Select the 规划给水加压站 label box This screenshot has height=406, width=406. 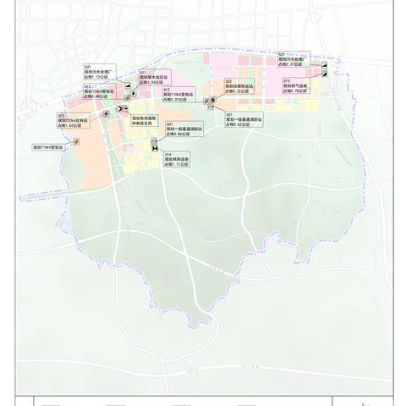coord(155,78)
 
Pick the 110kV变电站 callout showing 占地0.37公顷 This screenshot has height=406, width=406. coord(178,95)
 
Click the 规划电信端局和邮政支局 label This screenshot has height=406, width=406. coord(145,121)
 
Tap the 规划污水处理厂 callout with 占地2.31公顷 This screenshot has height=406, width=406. coord(295,58)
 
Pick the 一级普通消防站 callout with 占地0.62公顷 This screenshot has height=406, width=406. coord(244,120)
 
